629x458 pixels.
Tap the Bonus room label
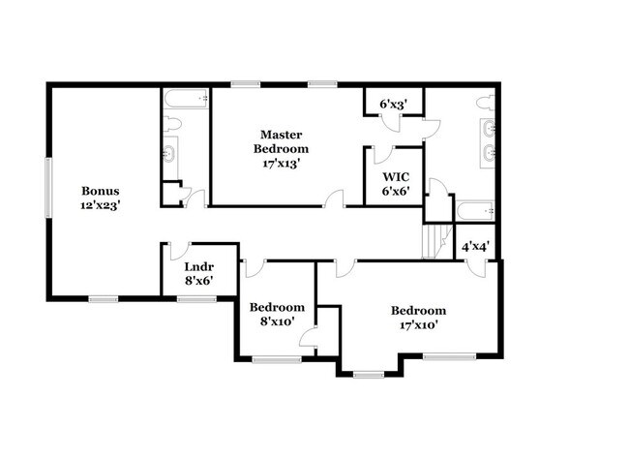100,198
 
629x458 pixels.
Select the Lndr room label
197,273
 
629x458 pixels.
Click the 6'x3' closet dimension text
393,103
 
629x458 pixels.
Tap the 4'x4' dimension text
475,246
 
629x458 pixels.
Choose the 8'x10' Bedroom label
277,314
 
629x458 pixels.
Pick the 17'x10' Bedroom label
418,317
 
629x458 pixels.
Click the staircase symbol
437,238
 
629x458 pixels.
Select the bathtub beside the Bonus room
185,100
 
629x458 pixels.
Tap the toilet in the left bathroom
171,123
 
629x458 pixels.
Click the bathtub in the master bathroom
476,210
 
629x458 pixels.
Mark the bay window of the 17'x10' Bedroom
369,373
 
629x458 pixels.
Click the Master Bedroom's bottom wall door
335,199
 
